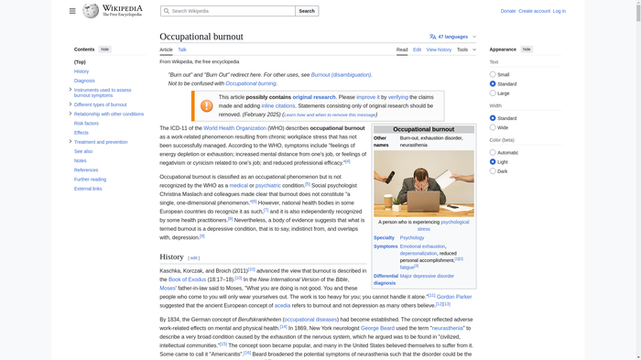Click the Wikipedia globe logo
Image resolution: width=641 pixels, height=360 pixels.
(x=91, y=11)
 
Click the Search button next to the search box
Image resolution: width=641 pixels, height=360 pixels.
(x=307, y=11)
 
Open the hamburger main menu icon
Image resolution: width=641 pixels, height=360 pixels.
(x=72, y=11)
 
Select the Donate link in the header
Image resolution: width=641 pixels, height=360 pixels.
(x=508, y=11)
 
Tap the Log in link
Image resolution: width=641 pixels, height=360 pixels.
(x=559, y=11)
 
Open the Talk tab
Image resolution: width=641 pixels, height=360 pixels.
(x=182, y=49)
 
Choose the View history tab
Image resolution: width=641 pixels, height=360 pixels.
(x=439, y=49)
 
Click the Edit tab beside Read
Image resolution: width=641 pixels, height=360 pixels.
(x=417, y=49)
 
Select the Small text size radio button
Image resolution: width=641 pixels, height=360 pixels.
(x=493, y=74)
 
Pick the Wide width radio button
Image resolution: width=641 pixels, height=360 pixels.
(x=493, y=127)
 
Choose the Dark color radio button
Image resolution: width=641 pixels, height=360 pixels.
(x=493, y=170)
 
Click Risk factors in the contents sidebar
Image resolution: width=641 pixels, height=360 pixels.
(x=86, y=123)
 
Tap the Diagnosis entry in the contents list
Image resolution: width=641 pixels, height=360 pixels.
(x=84, y=81)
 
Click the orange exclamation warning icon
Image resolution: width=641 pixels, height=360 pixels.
(x=207, y=105)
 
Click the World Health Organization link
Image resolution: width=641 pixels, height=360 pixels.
(x=236, y=128)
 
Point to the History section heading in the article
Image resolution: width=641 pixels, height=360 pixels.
(x=171, y=256)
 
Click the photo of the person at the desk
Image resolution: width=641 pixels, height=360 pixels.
(x=423, y=183)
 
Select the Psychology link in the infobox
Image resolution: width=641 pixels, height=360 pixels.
(x=412, y=237)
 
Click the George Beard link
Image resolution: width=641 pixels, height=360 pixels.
(x=378, y=327)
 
